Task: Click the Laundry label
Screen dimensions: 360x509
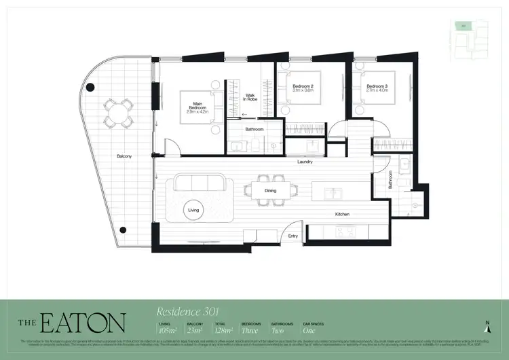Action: point(304,162)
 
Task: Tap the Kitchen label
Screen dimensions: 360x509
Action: point(342,215)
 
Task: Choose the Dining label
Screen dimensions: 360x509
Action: point(271,191)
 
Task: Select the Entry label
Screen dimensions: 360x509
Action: point(293,236)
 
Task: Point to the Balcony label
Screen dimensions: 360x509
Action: point(124,156)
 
